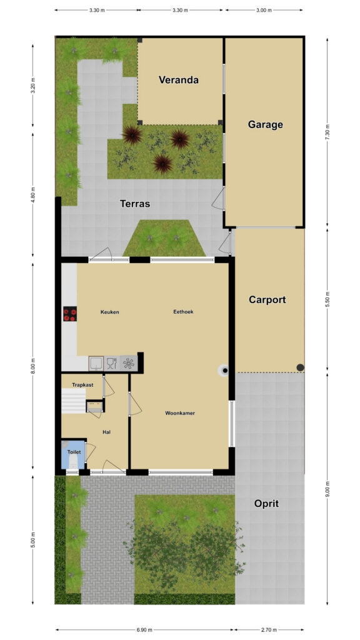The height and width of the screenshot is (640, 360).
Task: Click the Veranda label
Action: [178, 79]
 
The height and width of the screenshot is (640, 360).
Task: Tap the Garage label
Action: [265, 124]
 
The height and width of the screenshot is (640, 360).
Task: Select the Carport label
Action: [267, 299]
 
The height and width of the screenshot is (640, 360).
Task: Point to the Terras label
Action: [135, 203]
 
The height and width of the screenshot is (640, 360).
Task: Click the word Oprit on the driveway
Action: [266, 503]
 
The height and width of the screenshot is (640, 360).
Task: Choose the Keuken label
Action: [110, 312]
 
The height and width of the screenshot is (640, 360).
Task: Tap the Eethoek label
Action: [183, 311]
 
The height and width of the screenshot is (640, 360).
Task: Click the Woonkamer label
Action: [180, 413]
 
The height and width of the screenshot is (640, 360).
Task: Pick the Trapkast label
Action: [82, 384]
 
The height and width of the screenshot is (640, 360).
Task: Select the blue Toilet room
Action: [73, 454]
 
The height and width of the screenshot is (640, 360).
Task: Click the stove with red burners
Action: [70, 314]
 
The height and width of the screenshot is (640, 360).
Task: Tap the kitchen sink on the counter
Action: [96, 363]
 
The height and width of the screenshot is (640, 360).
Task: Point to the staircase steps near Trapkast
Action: [73, 401]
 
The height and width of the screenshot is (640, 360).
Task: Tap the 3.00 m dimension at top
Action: [264, 10]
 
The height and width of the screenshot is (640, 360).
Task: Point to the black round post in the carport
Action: [300, 367]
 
